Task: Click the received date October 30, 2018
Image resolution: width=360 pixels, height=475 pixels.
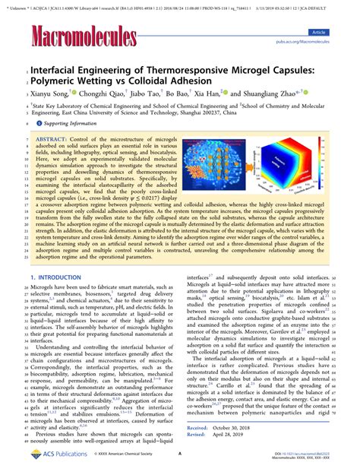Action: pos(239,428)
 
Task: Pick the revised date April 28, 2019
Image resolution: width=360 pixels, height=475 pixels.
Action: pos(236,435)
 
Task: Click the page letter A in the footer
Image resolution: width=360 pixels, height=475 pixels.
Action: pos(179,456)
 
